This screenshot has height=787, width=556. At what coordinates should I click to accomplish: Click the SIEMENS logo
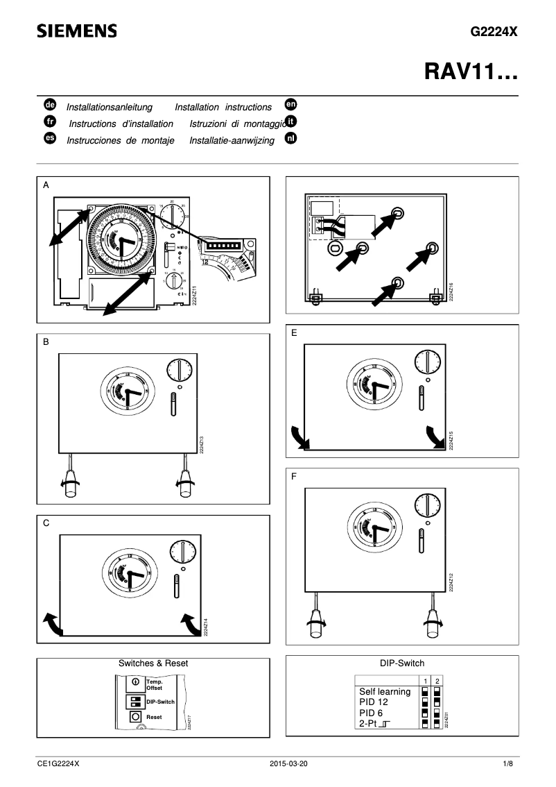point(77,31)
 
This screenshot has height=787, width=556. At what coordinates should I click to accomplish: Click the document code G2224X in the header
point(494,32)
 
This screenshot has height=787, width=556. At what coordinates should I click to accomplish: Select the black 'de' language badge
point(49,105)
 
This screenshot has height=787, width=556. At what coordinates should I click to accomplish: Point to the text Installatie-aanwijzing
point(232,141)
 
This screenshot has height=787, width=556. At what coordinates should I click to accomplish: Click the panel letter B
point(46,342)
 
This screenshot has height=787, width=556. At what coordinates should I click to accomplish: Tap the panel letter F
point(295,477)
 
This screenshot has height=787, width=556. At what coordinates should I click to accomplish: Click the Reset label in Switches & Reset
point(154,716)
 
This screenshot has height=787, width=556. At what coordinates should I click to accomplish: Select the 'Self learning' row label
point(385,692)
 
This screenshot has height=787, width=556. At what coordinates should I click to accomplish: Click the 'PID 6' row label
point(371,713)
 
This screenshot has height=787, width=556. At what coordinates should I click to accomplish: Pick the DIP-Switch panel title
point(402,663)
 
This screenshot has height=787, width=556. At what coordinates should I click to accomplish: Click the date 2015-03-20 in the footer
point(288,764)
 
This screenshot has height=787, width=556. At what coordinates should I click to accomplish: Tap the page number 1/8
point(508,764)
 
